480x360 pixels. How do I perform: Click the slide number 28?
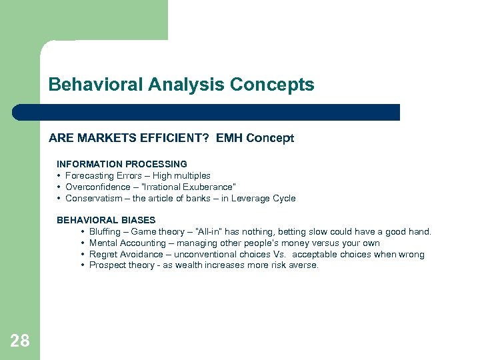tap(20, 341)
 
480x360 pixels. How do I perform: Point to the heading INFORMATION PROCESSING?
tap(121, 163)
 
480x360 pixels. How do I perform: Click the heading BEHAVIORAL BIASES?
tap(106, 220)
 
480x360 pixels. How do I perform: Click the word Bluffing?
tap(107, 232)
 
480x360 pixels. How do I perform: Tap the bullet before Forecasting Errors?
tap(59, 176)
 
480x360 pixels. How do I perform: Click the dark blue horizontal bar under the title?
tap(207, 112)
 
